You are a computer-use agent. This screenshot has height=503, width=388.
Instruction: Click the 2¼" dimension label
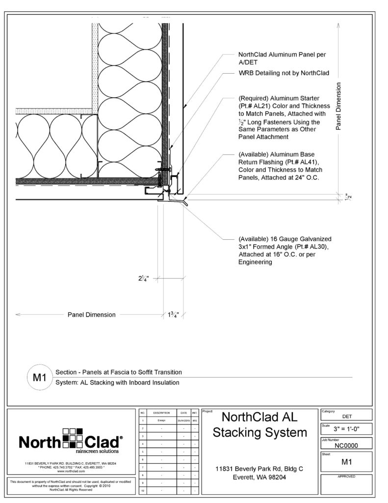coord(143,279)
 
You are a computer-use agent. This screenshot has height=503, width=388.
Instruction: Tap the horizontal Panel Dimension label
coord(91,315)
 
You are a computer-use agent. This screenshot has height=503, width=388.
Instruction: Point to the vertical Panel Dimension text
coord(338,105)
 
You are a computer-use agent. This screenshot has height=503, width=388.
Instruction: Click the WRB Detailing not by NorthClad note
coord(283,73)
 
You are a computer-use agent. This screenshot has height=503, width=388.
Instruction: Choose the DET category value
coord(346,415)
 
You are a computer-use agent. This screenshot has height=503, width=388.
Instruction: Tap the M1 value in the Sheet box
coord(346,462)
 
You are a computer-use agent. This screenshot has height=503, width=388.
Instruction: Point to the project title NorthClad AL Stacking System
coord(259,425)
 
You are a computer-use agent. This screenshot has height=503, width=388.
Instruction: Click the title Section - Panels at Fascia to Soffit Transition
coord(119,372)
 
